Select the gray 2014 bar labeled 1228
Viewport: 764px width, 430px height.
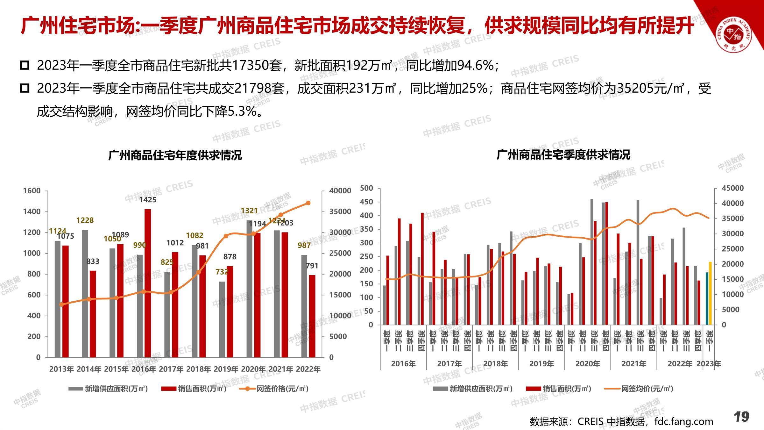85,293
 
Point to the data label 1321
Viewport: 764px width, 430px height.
249,211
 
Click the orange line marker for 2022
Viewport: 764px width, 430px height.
308,203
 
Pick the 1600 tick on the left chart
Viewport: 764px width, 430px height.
32,191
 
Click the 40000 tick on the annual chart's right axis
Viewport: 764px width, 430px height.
340,191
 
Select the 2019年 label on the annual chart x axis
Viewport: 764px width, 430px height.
226,369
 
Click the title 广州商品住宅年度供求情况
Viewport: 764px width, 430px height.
175,155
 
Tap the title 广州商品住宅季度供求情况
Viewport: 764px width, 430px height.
563,155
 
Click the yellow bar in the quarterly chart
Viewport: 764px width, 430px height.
710,293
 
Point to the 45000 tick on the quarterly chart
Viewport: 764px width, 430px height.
732,188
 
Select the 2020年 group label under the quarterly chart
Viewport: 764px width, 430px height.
588,364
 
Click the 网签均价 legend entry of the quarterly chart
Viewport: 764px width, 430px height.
646,389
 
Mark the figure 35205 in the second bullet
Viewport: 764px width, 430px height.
635,89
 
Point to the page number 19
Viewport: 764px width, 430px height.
741,417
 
